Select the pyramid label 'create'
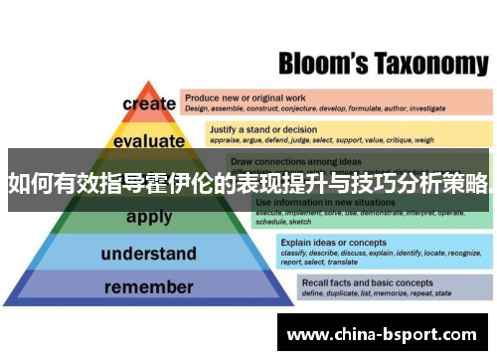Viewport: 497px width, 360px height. (x=148, y=103)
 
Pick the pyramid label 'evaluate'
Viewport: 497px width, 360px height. (x=148, y=141)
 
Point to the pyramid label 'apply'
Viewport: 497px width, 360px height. (x=148, y=216)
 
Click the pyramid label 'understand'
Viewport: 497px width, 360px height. (x=148, y=254)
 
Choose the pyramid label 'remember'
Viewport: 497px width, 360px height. (x=148, y=288)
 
